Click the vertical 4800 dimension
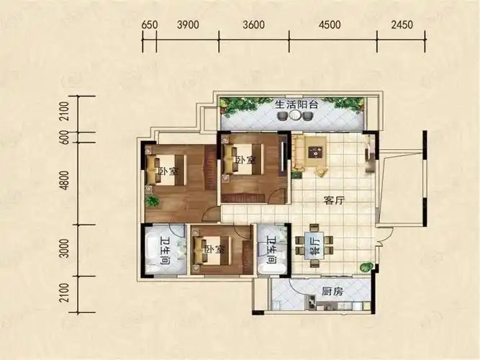click(x=64, y=183)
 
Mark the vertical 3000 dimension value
click(x=64, y=250)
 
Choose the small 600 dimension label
click(x=64, y=138)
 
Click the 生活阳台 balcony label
click(x=294, y=106)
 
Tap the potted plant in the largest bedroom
click(x=152, y=200)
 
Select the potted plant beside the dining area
click(x=366, y=267)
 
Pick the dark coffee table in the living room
click(x=315, y=151)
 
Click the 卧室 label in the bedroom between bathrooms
click(x=210, y=250)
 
